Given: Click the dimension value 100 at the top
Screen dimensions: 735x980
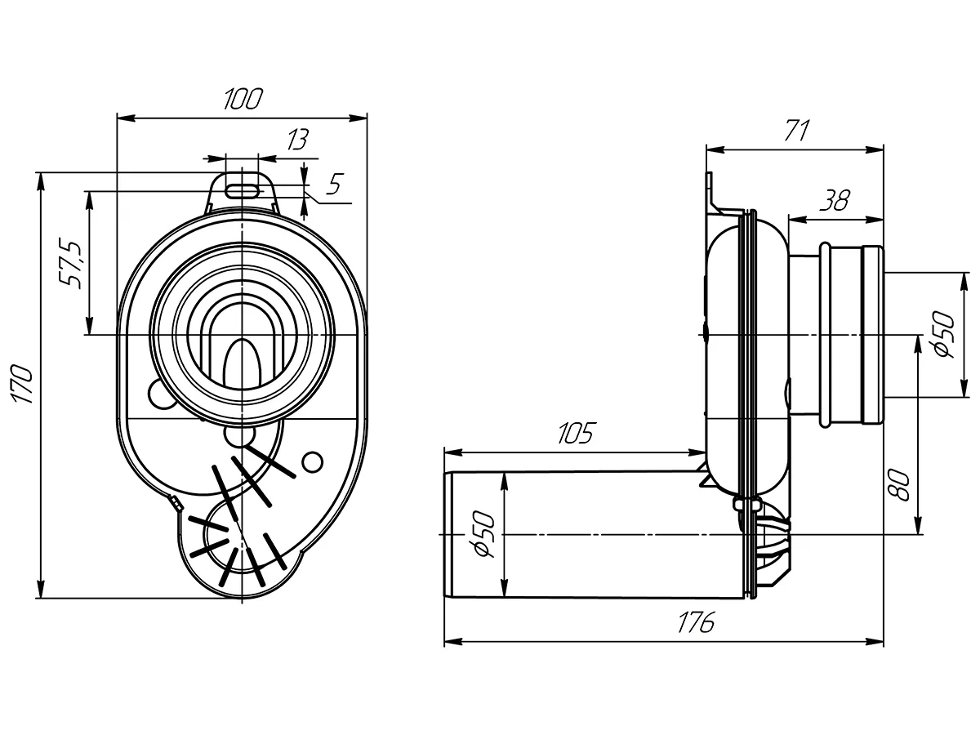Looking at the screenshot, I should (243, 100).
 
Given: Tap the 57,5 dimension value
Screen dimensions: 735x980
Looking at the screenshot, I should (71, 263).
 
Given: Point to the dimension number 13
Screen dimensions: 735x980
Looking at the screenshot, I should (297, 140).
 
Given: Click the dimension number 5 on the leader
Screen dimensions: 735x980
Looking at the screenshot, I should (332, 185).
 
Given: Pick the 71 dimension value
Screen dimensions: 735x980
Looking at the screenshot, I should (795, 131).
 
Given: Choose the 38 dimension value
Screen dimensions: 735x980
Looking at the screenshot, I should (835, 199).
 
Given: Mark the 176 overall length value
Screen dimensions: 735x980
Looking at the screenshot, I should (696, 622).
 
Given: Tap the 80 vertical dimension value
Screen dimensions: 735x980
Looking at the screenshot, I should (898, 483).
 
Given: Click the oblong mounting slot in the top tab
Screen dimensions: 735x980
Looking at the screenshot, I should (243, 189).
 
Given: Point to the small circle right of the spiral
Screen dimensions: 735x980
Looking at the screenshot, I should (310, 462).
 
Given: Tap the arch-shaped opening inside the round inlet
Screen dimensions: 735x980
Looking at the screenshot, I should (243, 359).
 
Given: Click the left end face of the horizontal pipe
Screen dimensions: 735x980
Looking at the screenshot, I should (447, 534).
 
